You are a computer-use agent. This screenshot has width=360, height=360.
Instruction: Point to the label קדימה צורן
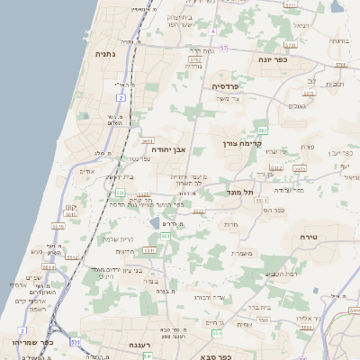pyautogui.click(x=240, y=143)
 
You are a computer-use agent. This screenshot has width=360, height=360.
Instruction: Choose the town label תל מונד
pyautogui.click(x=243, y=193)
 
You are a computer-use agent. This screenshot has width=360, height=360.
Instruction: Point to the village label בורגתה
pyautogui.click(x=337, y=40)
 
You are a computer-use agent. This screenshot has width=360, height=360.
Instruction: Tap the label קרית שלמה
pyautogui.click(x=120, y=238)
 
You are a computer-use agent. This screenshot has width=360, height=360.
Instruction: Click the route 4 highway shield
pyautogui.click(x=213, y=31)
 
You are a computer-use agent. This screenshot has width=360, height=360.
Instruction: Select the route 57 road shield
pyautogui.click(x=223, y=47)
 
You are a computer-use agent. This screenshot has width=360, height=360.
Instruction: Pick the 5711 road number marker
pyautogui.click(x=290, y=4)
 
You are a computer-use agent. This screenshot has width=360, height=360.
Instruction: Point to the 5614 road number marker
pyautogui.click(x=70, y=215)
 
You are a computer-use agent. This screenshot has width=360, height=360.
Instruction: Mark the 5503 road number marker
pyautogui.click(x=264, y=319)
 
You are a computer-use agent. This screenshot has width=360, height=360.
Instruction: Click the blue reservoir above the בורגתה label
pyautogui.click(x=337, y=8)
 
